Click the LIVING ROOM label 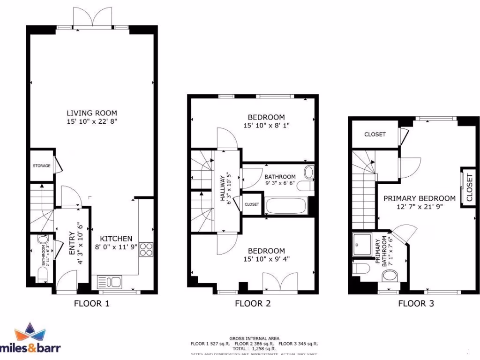tap(92, 113)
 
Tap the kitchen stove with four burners tap(145, 248)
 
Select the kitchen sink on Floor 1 tap(109, 281)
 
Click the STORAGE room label tap(41, 166)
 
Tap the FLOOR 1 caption tap(92, 303)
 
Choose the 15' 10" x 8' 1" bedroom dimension tap(266, 126)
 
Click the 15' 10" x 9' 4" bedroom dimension tap(266, 259)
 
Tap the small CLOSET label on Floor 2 tap(252, 204)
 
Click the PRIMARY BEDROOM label tap(420, 198)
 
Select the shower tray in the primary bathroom tap(362, 244)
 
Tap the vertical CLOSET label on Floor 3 tap(469, 187)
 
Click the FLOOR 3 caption tap(416, 303)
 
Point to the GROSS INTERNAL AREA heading tap(254, 338)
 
